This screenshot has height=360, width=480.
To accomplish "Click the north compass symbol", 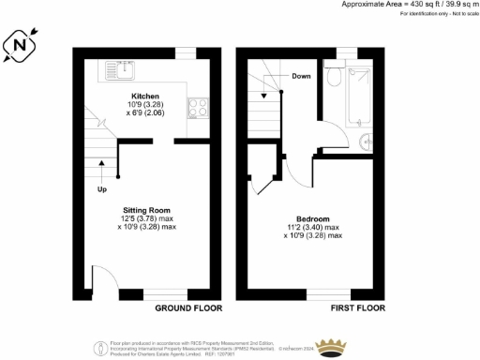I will (x=21, y=43).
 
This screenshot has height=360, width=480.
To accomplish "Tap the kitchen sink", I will (x=120, y=67).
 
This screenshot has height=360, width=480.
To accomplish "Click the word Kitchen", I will (x=144, y=96).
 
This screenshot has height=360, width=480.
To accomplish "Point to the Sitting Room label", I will (x=146, y=210).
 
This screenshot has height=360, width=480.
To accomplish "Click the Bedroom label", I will (x=311, y=218).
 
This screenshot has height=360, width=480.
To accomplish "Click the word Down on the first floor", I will (x=301, y=76).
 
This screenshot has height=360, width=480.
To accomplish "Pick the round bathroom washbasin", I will (x=364, y=140).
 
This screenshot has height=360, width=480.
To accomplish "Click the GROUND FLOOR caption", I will (x=187, y=308).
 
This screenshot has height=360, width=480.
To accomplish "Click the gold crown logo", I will (x=330, y=347).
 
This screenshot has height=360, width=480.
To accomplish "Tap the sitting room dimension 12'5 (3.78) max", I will (x=147, y=218).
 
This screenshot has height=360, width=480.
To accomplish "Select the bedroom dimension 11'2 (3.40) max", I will (x=312, y=227).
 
